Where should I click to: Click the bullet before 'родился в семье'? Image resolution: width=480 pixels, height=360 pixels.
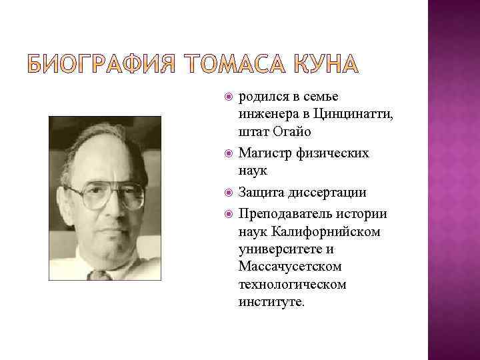(x=229, y=98)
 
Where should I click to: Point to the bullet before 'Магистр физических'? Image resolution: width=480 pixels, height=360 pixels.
(x=229, y=154)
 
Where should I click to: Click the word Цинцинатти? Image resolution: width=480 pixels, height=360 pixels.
(x=356, y=115)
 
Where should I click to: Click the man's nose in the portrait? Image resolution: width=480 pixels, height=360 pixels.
(x=108, y=210)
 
